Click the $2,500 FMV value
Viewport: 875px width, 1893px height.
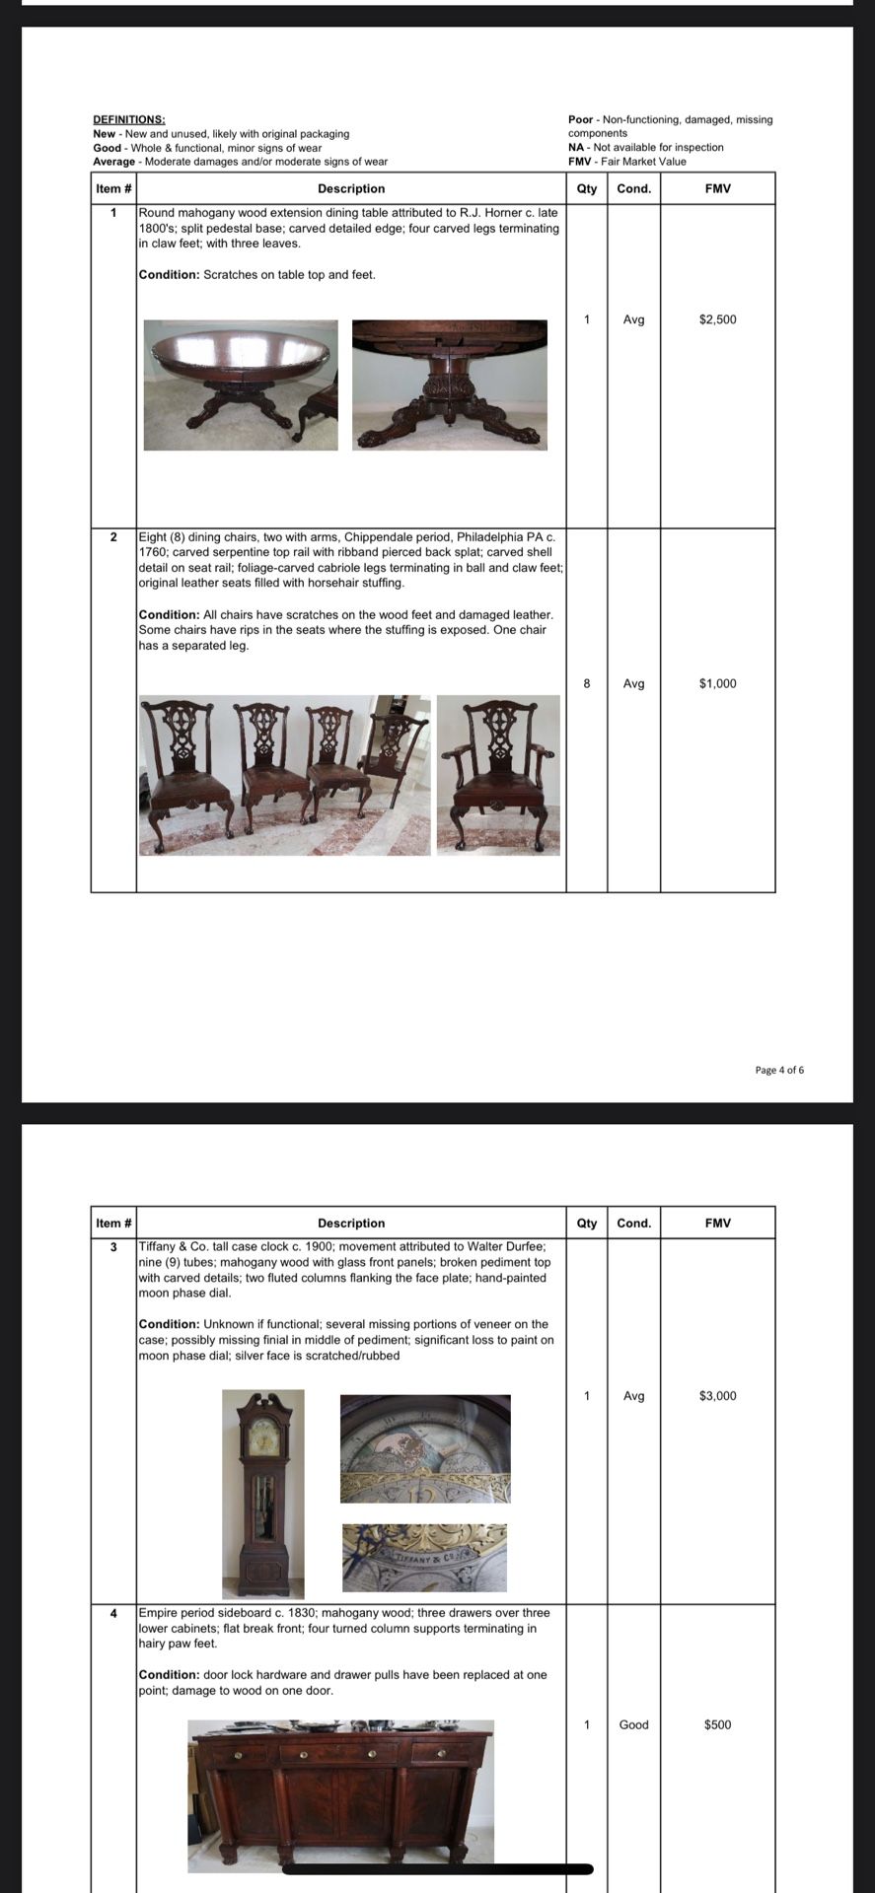click(x=717, y=319)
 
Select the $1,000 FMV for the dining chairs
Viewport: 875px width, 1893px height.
click(x=717, y=683)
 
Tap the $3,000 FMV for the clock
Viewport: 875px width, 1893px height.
click(x=717, y=1395)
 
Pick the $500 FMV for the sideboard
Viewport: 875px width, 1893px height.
click(x=717, y=1723)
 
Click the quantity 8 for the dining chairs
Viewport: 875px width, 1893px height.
click(x=587, y=683)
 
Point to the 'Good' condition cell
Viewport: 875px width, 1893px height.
click(x=633, y=1723)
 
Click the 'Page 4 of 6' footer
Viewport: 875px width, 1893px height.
click(x=779, y=1070)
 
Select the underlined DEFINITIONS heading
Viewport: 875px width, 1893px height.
click(x=129, y=119)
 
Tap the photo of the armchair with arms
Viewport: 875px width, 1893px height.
click(x=498, y=774)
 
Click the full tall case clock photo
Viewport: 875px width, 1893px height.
click(x=263, y=1493)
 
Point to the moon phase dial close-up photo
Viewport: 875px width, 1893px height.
click(x=425, y=1447)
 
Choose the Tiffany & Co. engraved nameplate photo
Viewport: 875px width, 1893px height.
click(x=424, y=1558)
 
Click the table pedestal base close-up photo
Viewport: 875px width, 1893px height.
click(x=449, y=385)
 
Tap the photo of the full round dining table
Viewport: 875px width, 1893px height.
click(x=241, y=385)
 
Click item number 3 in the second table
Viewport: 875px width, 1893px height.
click(x=113, y=1247)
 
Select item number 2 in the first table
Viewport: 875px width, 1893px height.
click(x=113, y=537)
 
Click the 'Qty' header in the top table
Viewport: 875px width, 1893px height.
click(x=587, y=188)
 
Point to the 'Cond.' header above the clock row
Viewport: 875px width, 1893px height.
click(x=633, y=1223)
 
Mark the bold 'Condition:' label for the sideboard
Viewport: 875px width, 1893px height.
click(x=169, y=1674)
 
